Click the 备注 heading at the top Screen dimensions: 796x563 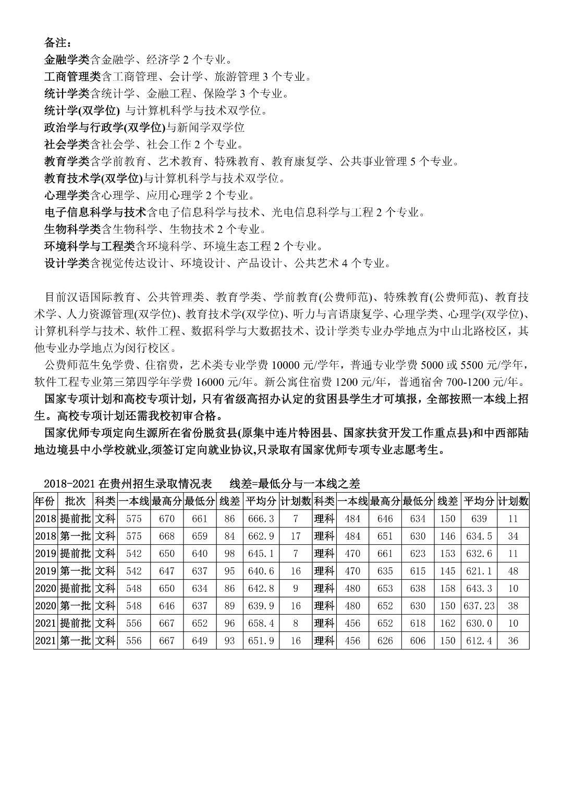coord(57,42)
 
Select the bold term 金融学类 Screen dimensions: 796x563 coord(67,59)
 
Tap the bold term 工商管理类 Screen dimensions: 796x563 coord(72,77)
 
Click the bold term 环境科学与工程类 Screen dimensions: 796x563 coord(90,246)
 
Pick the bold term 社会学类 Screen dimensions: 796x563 coord(67,144)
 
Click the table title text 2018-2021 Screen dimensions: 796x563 coord(69,484)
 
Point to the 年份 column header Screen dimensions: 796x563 coord(45,501)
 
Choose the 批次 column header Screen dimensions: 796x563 coord(76,501)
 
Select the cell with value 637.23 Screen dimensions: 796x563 coord(479,606)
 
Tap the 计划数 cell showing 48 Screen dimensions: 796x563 coord(513,571)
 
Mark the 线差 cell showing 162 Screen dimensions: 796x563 coord(447,623)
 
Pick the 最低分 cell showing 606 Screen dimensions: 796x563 coord(418,641)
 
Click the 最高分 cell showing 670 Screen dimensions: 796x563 coord(167,519)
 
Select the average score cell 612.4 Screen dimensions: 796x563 coord(479,641)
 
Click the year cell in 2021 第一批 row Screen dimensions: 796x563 coord(45,641)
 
